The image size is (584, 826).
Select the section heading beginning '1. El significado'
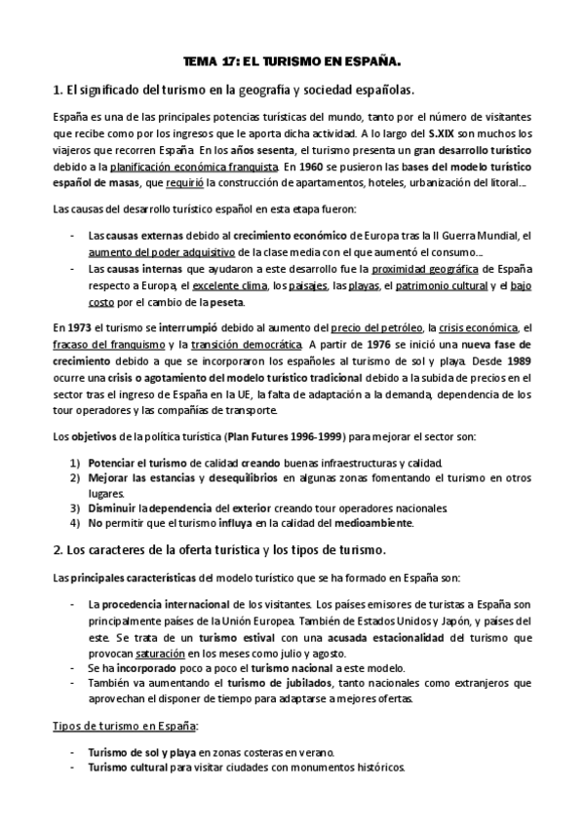pyautogui.click(x=234, y=92)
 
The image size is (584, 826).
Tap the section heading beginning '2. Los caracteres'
pyautogui.click(x=220, y=549)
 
